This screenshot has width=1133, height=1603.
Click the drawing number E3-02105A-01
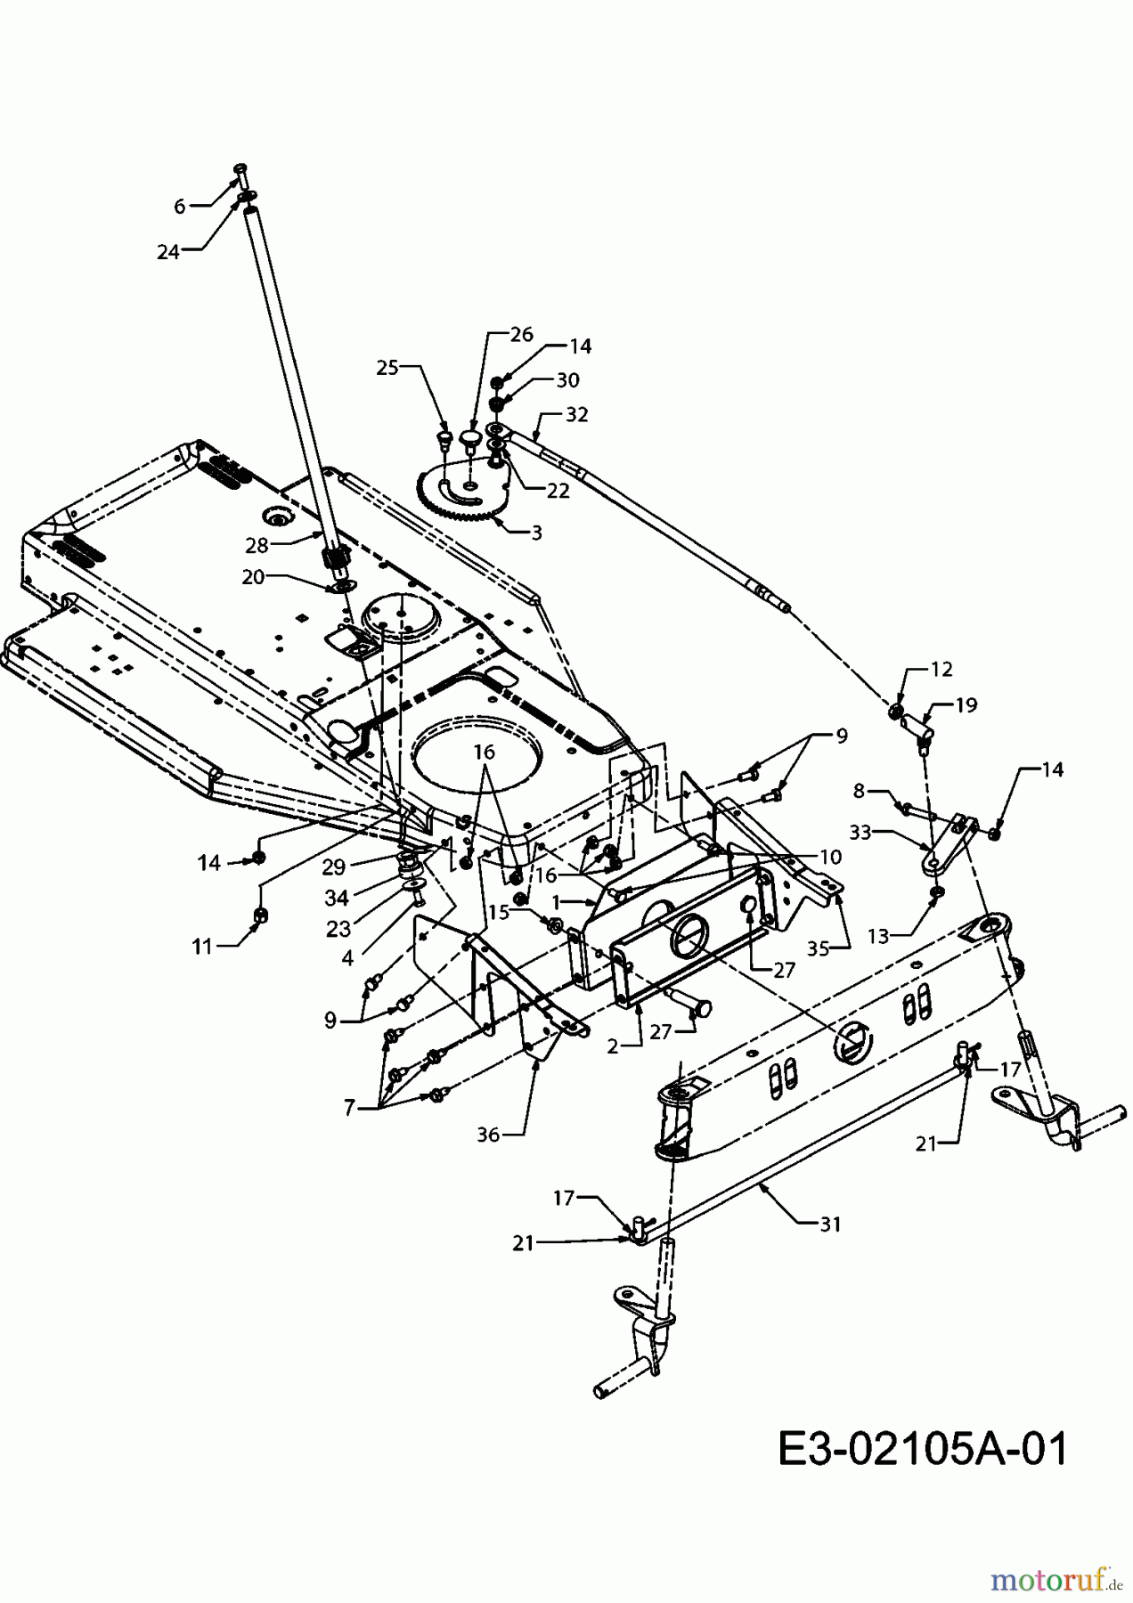[922, 1449]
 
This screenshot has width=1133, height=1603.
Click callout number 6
[180, 207]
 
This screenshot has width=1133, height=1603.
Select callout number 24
[167, 252]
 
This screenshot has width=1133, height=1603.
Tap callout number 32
[576, 415]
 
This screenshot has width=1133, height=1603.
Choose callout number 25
[387, 367]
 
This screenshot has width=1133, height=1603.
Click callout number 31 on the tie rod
[830, 1225]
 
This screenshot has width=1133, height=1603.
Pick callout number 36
[488, 1134]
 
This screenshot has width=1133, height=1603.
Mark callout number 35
[818, 949]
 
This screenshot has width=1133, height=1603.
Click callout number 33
[860, 833]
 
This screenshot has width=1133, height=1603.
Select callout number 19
[966, 705]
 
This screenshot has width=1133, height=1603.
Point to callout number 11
[202, 947]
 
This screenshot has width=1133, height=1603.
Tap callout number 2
[613, 1046]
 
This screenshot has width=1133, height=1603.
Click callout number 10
[830, 857]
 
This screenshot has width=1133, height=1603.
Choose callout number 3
[536, 533]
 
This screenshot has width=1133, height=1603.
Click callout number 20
[253, 577]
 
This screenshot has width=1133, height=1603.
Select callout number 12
[941, 669]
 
